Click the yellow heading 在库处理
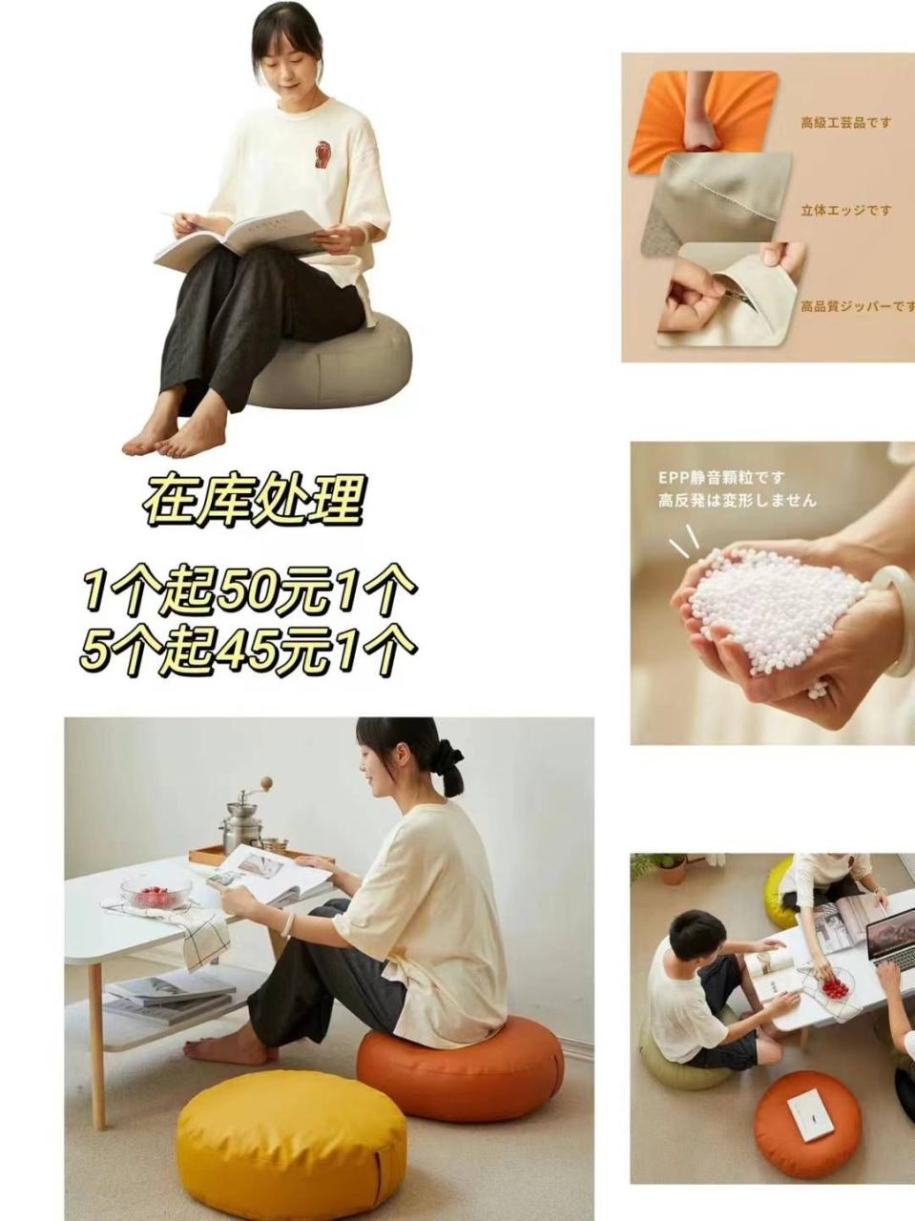click(x=254, y=501)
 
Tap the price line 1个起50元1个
click(x=250, y=590)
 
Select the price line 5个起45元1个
click(x=248, y=650)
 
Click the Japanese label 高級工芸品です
click(x=846, y=122)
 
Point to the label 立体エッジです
click(x=846, y=210)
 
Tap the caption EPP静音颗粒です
click(x=721, y=477)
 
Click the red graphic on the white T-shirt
click(x=322, y=155)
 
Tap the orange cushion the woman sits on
click(x=460, y=1054)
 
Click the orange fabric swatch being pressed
click(x=702, y=119)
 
